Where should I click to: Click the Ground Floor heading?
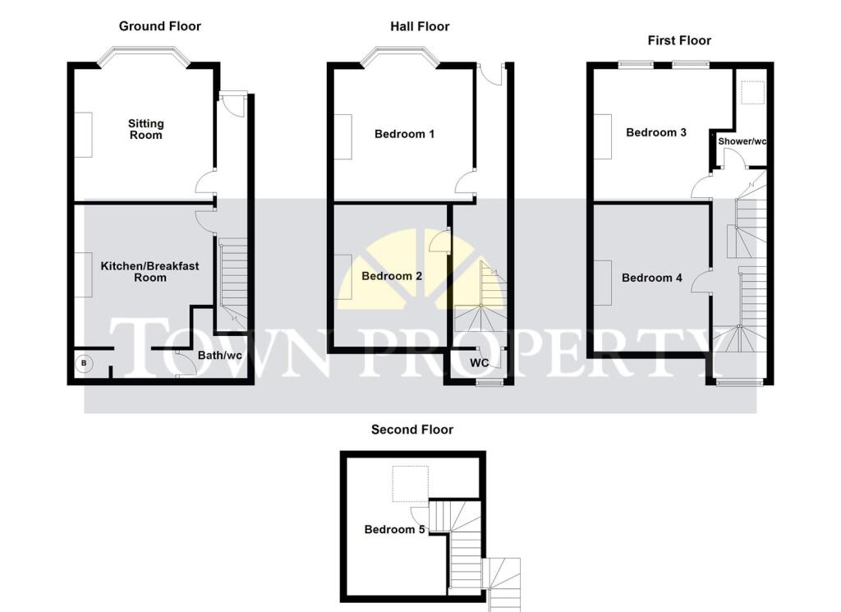point(159,26)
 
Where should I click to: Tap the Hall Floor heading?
point(420,26)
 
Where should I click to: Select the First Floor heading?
point(678,40)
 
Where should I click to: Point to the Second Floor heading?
point(411,430)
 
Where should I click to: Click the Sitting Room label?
point(145,129)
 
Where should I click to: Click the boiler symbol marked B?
point(83,363)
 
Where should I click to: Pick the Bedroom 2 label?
point(392,276)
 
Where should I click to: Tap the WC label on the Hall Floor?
point(480,362)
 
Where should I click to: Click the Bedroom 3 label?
point(655,132)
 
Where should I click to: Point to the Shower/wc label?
point(742,141)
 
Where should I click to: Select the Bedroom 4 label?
point(652,278)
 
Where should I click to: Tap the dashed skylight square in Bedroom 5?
point(410,484)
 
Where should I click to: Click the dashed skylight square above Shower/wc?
point(751,94)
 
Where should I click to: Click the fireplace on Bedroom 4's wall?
point(604,283)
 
